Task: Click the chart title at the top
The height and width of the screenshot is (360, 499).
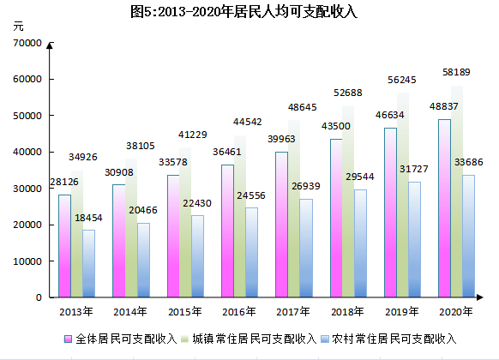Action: point(249,12)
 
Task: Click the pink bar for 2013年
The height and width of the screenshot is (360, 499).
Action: point(64,247)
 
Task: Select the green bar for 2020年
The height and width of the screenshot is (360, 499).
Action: point(457,193)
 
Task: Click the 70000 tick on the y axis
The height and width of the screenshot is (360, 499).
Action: point(27,43)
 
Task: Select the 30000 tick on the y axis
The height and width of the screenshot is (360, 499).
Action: point(27,189)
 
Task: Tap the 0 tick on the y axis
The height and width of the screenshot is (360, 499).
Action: point(39,297)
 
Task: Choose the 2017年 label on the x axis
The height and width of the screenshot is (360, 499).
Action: point(293,311)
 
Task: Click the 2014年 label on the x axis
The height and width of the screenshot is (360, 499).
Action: point(129,311)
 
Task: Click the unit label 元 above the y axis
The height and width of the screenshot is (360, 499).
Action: point(20,27)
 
